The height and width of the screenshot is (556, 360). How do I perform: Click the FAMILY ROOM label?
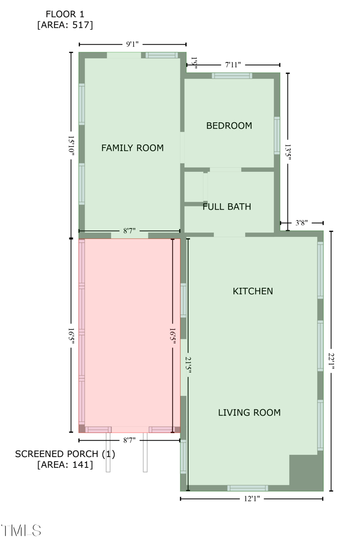132,148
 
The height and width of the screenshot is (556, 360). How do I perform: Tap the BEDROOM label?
229,126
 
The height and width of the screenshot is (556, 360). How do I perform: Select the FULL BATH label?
227,206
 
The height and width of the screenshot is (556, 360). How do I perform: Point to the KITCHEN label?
253,291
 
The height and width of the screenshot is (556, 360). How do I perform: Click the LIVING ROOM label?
249,413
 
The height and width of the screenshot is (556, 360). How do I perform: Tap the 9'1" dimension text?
132,44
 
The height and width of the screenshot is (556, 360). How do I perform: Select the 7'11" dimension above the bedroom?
233,65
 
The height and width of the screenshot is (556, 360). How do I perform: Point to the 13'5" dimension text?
288,152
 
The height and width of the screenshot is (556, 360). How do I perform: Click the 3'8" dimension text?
301,223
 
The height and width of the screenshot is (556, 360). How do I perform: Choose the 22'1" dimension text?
331,361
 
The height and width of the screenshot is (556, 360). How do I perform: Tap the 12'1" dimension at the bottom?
252,498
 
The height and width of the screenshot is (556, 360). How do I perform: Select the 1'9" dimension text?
194,63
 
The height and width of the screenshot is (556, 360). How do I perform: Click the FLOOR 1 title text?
65,14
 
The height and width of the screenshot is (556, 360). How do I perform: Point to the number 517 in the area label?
80,25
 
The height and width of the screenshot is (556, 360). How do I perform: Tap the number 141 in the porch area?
80,464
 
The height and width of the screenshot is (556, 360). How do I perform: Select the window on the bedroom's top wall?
232,76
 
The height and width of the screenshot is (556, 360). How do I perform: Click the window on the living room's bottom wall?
248,488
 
